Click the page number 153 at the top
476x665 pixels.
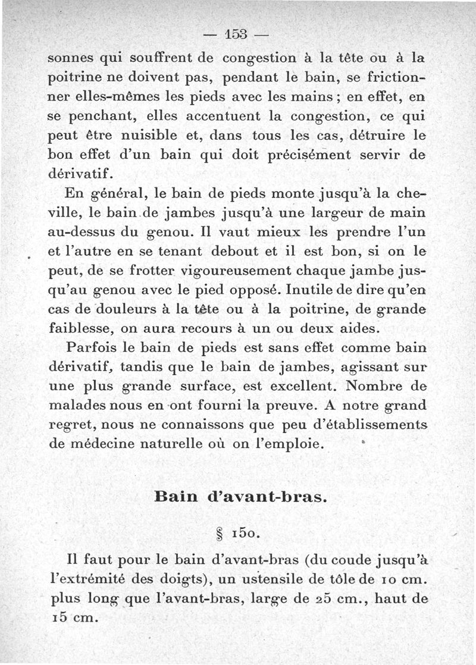[x=237, y=34]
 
